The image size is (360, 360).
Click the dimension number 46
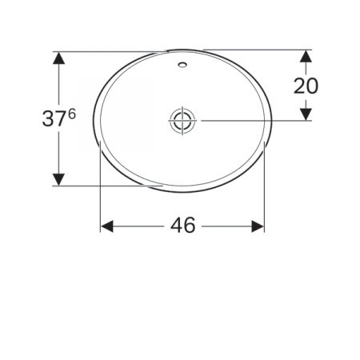182,226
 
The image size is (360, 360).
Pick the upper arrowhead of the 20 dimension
306,58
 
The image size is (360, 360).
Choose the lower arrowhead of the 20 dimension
306,114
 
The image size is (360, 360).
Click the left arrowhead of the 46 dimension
106,226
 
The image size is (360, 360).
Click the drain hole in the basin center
182,120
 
